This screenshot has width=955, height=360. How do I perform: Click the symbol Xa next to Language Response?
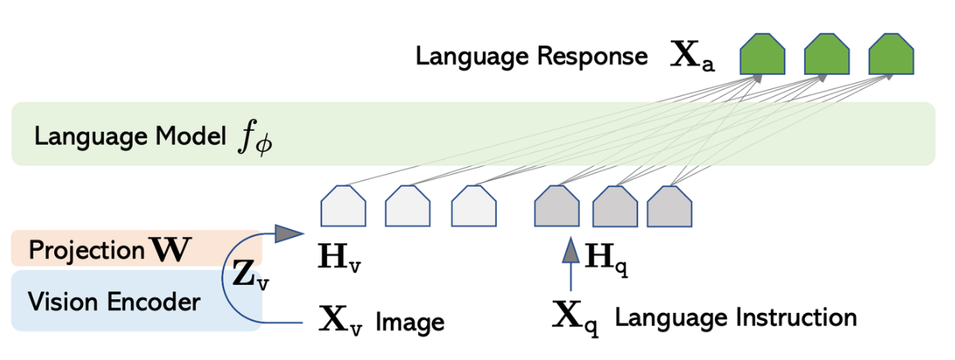[693, 58]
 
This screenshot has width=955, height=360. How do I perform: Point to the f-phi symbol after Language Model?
[253, 137]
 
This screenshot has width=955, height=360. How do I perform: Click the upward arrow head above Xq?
[570, 250]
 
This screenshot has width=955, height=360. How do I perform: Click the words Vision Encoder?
[113, 302]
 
